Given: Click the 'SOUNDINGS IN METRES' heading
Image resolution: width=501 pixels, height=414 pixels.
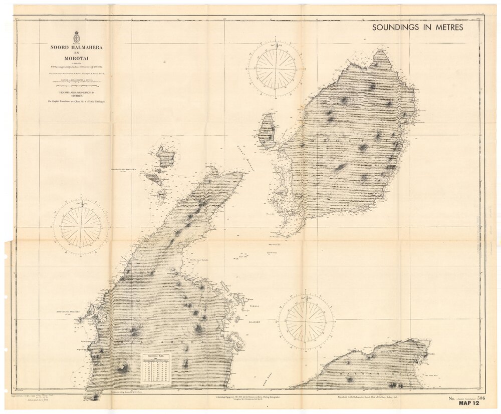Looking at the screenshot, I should (x=417, y=28).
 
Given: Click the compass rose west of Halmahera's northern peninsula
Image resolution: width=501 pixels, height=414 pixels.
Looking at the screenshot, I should (x=81, y=227).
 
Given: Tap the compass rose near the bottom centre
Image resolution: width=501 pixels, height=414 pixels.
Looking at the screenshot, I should (x=306, y=321).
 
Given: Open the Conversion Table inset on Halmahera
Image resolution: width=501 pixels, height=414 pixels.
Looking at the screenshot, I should (x=155, y=368).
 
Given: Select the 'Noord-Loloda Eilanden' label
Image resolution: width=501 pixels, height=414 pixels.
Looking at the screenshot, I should (x=125, y=171).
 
